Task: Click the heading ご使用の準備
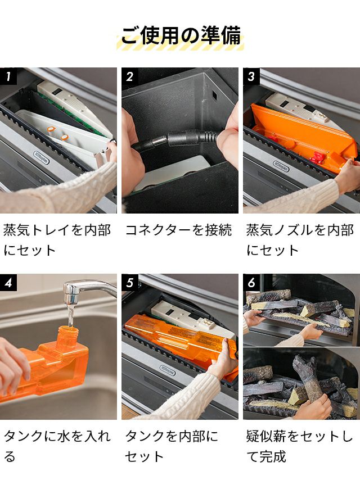pos(181,36)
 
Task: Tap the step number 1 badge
pos(8,76)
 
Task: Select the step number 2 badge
pos(130,76)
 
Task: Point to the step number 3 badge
pos(251,76)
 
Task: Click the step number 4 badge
pos(8,282)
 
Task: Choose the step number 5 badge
pos(130,282)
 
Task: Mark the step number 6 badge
pos(251,282)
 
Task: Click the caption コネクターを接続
pos(178,230)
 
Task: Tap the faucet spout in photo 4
pos(70,293)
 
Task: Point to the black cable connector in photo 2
pos(177,139)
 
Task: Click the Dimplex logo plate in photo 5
pos(168,370)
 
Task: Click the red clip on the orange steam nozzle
pos(317,158)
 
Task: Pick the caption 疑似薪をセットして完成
pos(299,446)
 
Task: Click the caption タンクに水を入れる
pos(57,446)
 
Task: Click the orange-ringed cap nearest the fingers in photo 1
pos(65,137)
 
